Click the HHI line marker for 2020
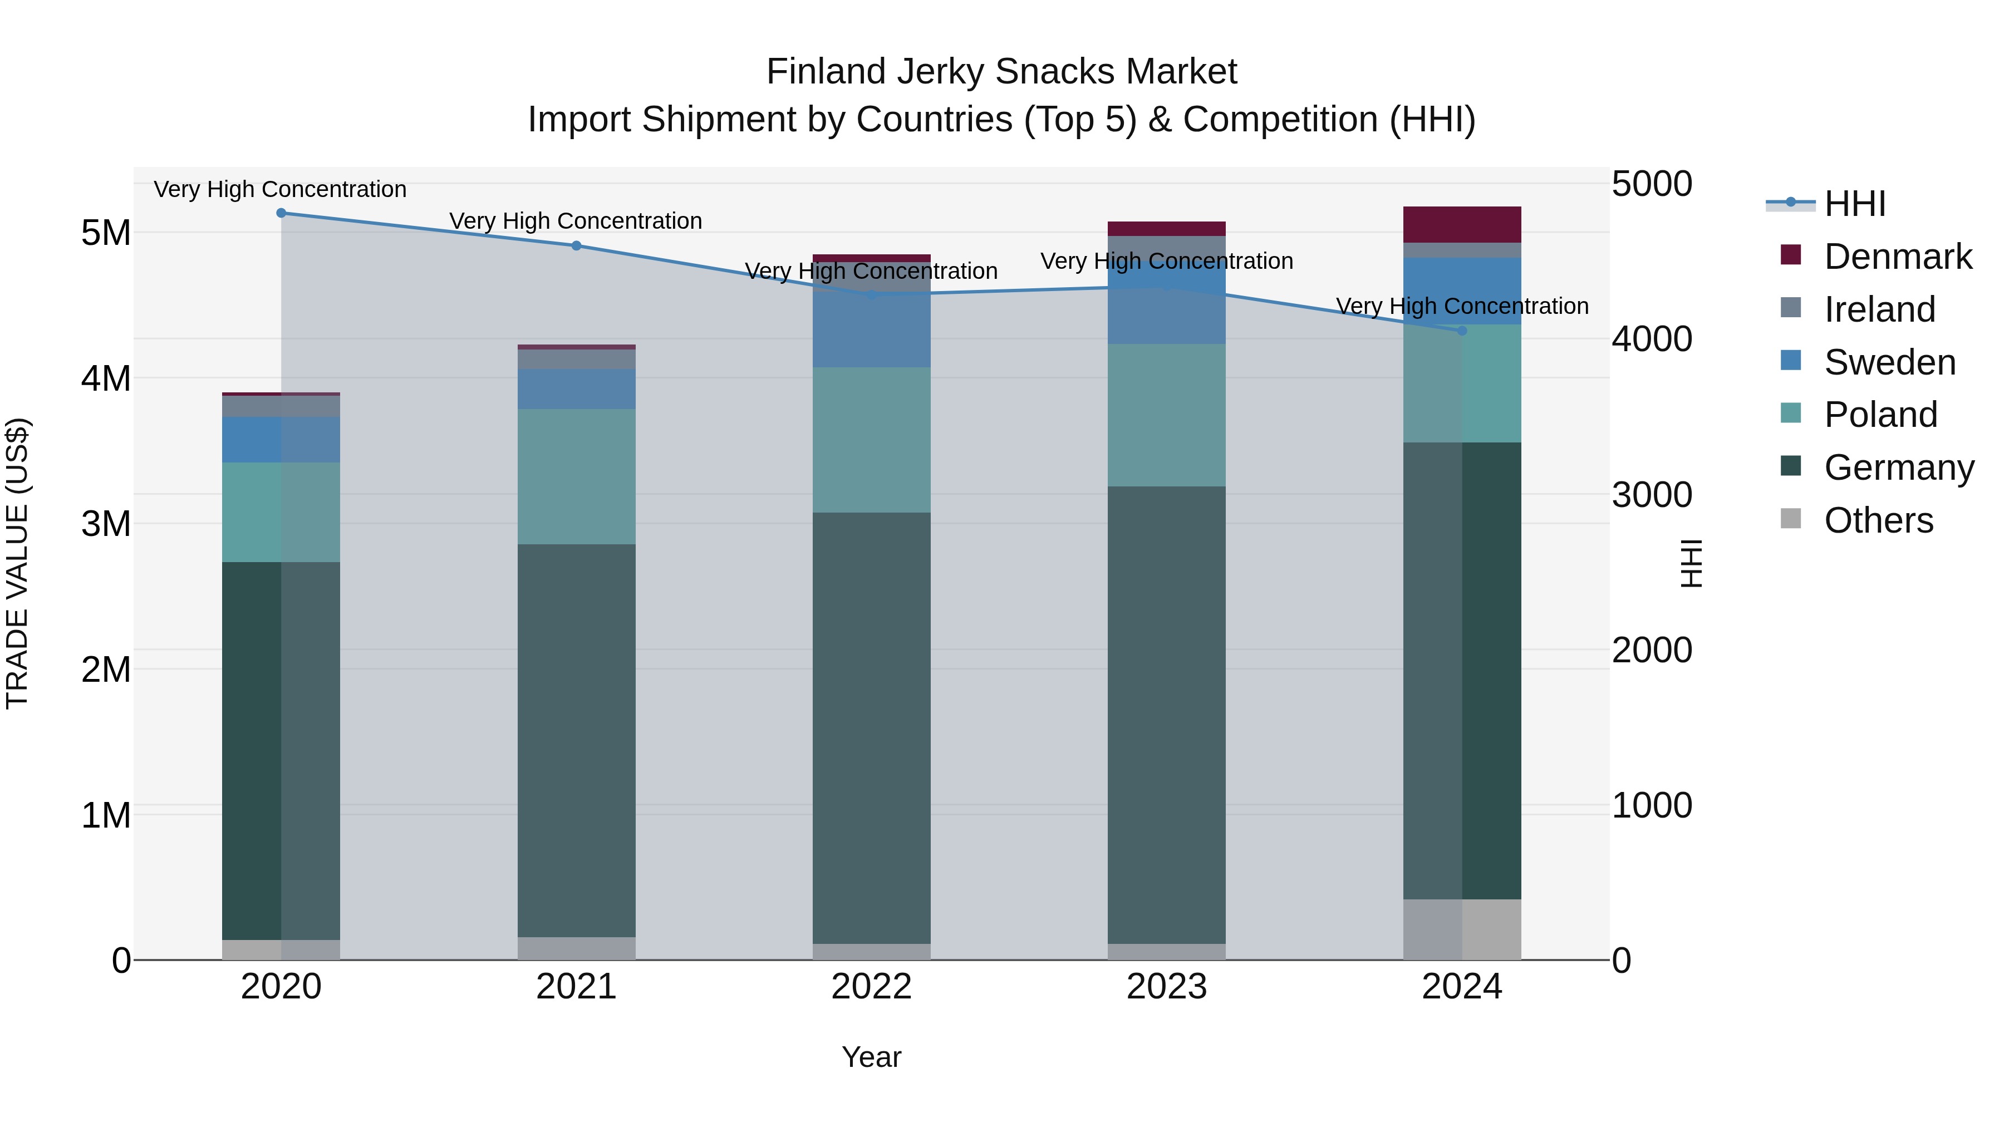(x=281, y=213)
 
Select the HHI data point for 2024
(x=1461, y=331)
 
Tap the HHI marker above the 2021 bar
(x=577, y=246)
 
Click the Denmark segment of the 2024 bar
(x=1461, y=225)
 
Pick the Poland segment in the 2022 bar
(x=871, y=440)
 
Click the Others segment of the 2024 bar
(x=1461, y=929)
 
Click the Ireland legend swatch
(x=1791, y=308)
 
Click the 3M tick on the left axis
(x=106, y=524)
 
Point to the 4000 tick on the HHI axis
(x=1651, y=339)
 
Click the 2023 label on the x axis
(x=1166, y=986)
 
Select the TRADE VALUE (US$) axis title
(x=17, y=563)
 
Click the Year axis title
(x=871, y=1057)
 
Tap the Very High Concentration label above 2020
(x=280, y=189)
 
